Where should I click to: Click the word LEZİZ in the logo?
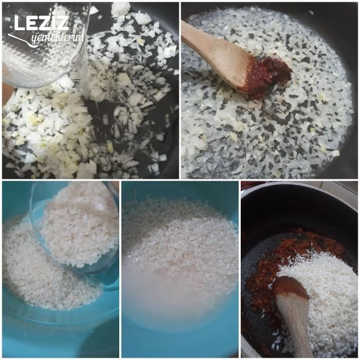click(41, 22)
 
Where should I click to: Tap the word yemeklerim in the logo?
click(58, 38)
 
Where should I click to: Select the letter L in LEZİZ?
click(19, 23)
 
